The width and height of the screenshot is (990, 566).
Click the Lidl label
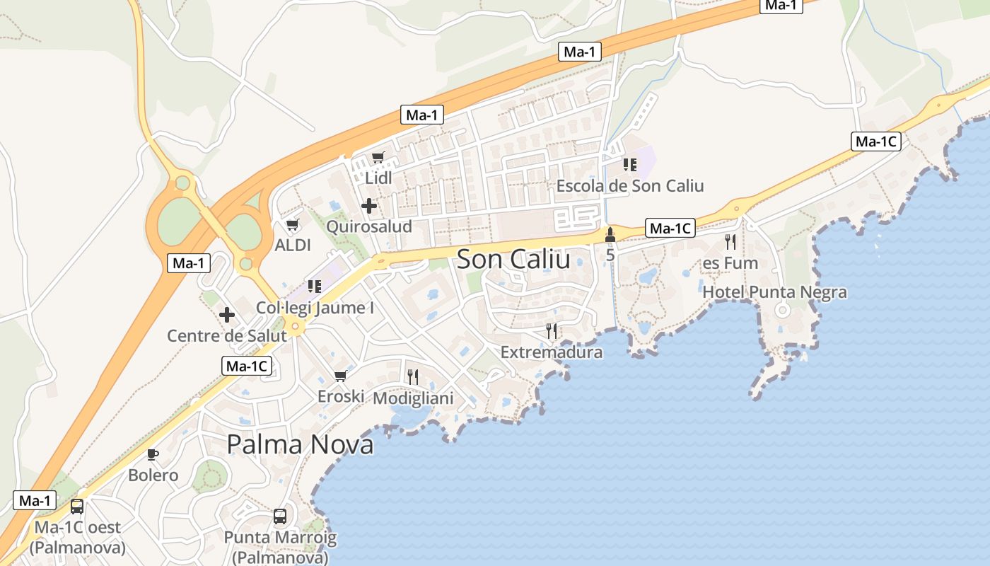pos(378,178)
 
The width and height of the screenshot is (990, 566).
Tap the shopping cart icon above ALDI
pos(292,225)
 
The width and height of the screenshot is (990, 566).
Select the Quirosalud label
pos(369,226)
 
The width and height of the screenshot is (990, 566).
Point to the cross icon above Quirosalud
pos(368,206)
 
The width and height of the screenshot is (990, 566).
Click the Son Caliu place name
pos(513,259)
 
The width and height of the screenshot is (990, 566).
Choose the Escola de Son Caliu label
pos(630,186)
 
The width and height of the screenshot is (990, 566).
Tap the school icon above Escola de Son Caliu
pos(629,165)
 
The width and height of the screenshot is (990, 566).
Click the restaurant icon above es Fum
pos(730,242)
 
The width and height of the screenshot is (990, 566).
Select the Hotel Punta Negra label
pos(774,292)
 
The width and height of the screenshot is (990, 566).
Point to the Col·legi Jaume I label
pos(315,308)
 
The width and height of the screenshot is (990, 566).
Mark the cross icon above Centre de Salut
pos(227,314)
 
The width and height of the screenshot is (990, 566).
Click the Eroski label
pos(341,396)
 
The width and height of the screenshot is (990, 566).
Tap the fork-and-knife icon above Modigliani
pos(413,376)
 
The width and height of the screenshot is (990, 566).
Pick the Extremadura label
pos(552,352)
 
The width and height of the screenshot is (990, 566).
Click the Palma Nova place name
pos(300,444)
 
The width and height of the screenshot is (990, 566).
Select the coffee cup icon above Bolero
pos(153,454)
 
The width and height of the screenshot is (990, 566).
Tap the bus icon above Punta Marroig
pos(280,516)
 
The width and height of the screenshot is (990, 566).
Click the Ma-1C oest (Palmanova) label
pos(78,538)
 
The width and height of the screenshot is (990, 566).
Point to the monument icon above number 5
pos(610,234)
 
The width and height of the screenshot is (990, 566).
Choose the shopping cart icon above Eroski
pos(341,376)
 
